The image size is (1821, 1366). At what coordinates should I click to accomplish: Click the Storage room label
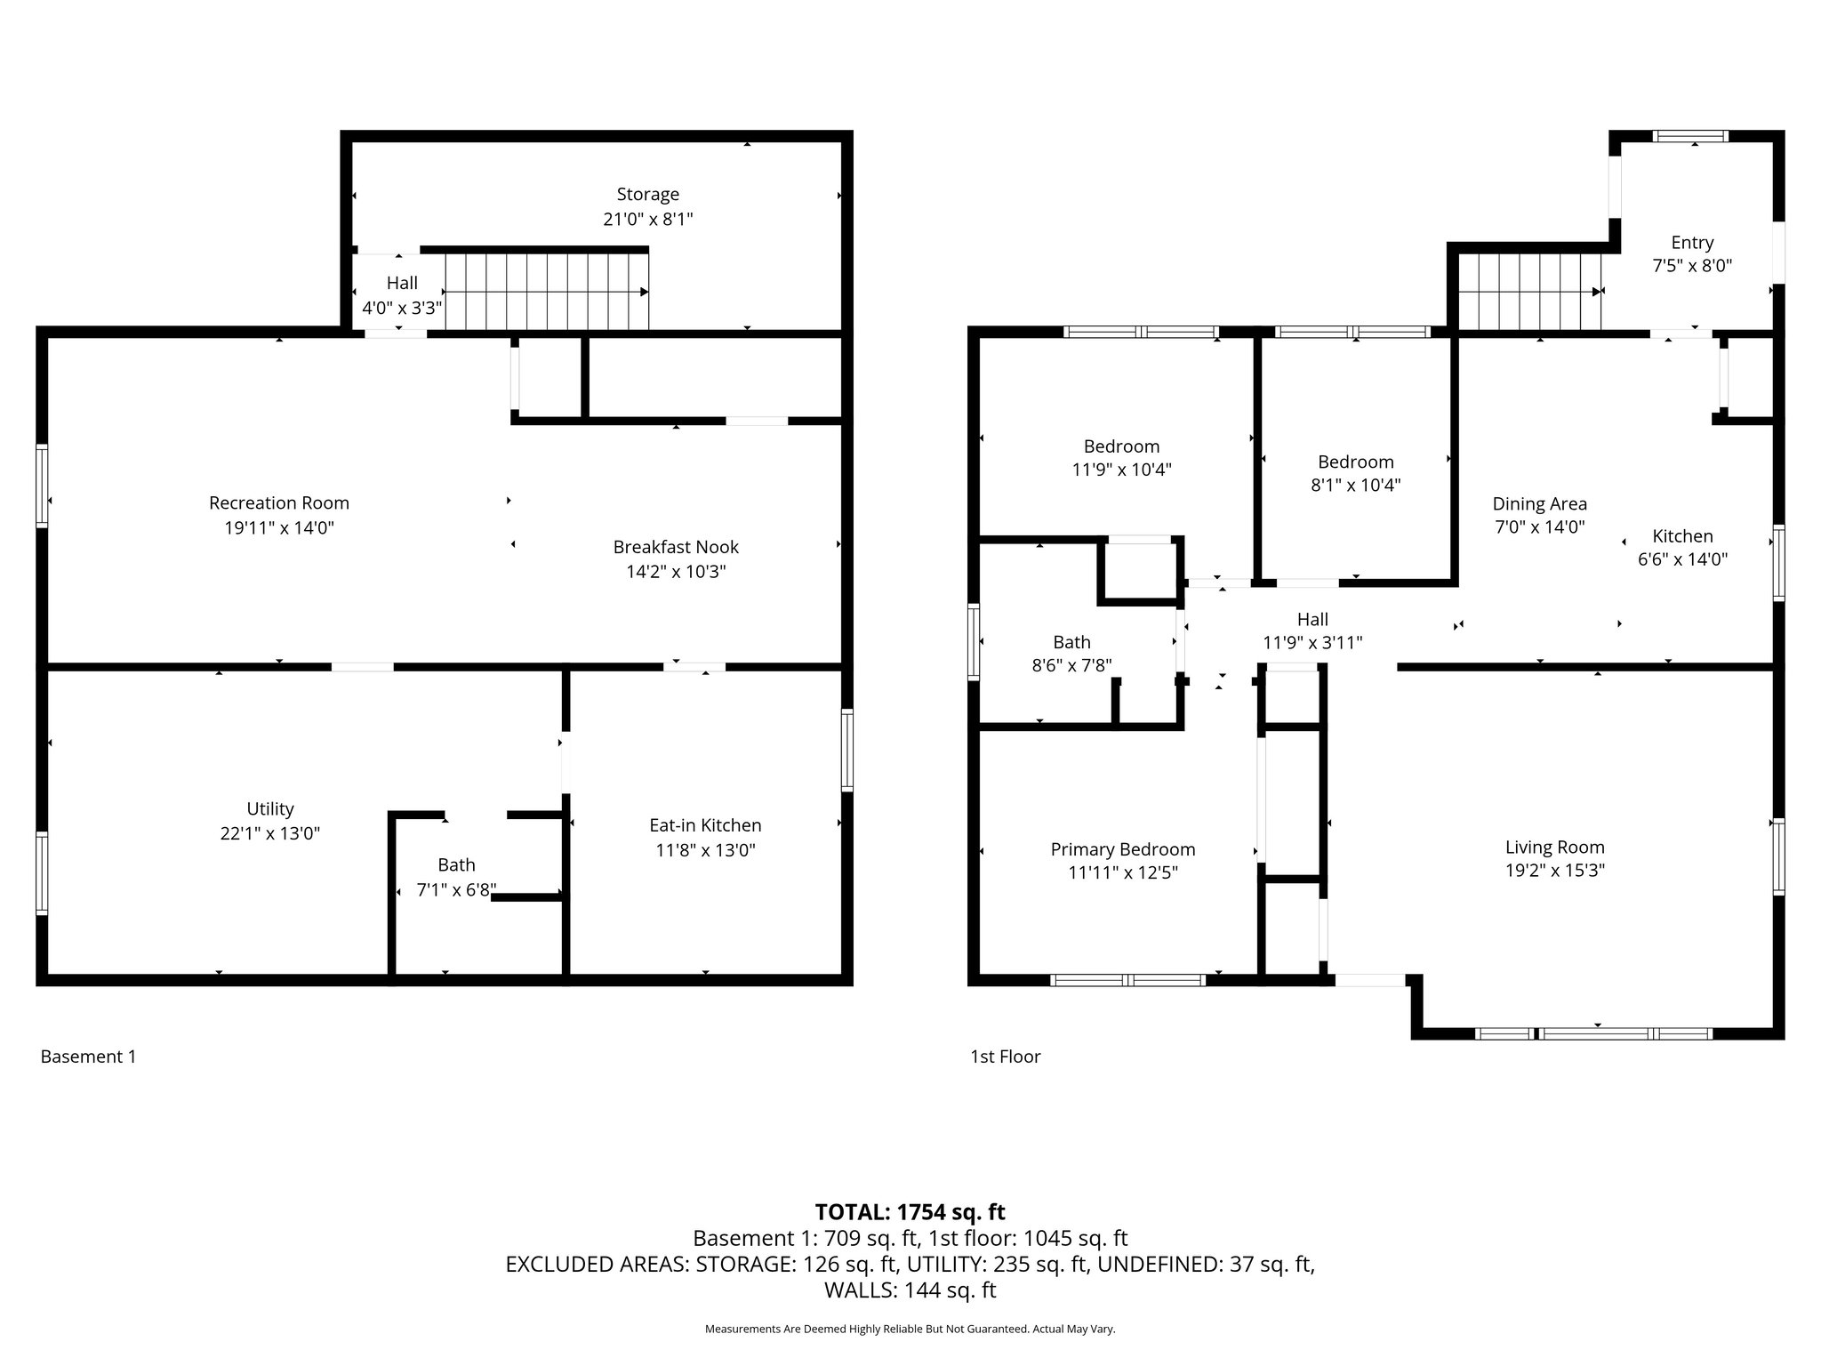pos(647,195)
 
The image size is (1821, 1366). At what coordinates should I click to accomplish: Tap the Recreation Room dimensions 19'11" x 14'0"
pos(278,528)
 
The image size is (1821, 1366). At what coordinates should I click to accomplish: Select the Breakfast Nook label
pos(676,548)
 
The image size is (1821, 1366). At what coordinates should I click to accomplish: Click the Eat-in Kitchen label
pos(705,826)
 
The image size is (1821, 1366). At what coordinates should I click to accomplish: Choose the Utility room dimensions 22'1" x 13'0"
pos(269,834)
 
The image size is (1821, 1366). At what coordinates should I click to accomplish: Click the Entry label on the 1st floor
pos(1691,243)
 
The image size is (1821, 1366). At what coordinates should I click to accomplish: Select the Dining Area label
pos(1539,504)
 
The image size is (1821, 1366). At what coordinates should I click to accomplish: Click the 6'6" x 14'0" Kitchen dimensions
pos(1682,560)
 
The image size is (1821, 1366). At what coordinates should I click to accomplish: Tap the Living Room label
pos(1554,848)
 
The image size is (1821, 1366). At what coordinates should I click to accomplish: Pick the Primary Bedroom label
pos(1122,850)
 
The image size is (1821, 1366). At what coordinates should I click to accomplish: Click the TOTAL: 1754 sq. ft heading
pos(910,1212)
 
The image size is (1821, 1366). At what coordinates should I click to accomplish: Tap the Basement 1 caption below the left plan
pos(88,1057)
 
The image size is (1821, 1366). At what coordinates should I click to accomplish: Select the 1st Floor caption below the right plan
pos(1005,1057)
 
